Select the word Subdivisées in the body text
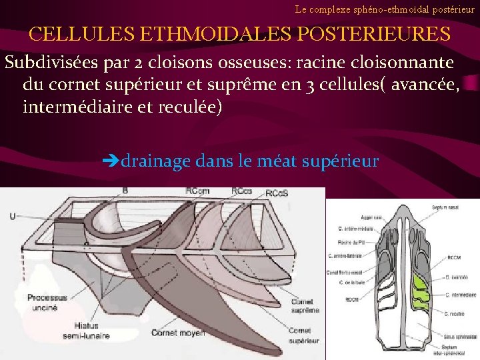point(51,63)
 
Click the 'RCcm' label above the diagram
point(198,191)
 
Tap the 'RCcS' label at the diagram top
point(277,194)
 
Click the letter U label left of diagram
point(13,216)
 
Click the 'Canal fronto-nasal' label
point(345,271)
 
